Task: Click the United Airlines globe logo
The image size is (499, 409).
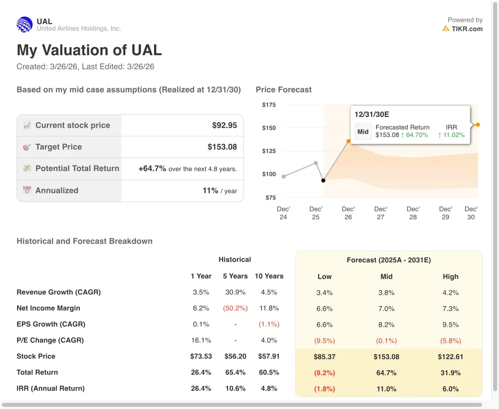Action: point(24,24)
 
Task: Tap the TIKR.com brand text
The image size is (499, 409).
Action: point(466,29)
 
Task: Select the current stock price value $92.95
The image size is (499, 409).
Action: point(224,125)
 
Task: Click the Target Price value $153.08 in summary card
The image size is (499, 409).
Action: point(222,147)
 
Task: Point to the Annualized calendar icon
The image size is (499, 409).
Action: point(27,190)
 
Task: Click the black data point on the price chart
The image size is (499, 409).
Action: point(323,180)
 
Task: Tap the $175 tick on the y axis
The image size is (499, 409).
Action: point(269,105)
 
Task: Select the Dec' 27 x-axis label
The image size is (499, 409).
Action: point(381,213)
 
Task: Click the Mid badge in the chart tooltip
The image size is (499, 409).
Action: point(363,131)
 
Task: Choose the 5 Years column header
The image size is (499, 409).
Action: point(235,276)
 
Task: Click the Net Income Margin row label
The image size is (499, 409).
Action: point(48,308)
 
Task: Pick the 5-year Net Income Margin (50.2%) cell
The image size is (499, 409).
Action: point(235,308)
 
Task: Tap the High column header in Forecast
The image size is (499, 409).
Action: point(450,276)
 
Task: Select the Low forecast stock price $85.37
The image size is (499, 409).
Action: point(325,356)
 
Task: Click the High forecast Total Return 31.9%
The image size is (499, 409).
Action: point(450,372)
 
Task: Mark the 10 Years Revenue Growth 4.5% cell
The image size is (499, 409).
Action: point(269,292)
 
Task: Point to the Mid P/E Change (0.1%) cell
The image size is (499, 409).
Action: point(386,340)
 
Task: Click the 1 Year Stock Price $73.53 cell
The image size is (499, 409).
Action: point(201,356)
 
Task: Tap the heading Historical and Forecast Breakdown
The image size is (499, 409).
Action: point(84,241)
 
